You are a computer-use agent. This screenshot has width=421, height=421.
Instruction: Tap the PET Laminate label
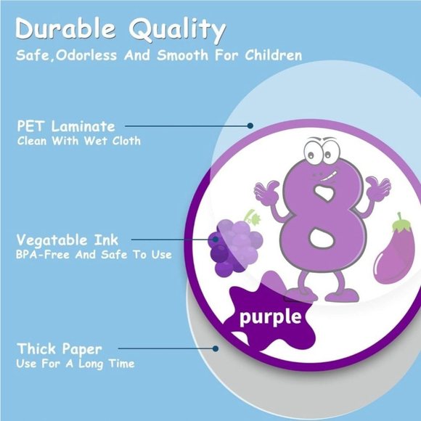[66, 126]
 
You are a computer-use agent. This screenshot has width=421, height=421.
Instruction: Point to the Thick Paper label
[60, 348]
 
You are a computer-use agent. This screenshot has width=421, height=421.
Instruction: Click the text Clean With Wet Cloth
[79, 141]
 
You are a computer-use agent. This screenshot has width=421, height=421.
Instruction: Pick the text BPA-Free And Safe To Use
[94, 255]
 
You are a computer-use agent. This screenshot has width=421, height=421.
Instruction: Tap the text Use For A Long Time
[75, 364]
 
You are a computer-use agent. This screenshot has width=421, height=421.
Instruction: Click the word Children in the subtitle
[268, 56]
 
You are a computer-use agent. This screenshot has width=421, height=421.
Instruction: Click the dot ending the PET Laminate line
[250, 126]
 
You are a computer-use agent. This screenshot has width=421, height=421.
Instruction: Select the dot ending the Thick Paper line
[216, 348]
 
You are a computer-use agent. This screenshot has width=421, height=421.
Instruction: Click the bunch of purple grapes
[235, 244]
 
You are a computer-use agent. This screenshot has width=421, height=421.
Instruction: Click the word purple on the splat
[271, 316]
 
